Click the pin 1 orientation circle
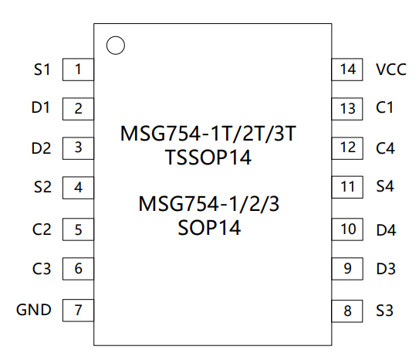pyautogui.click(x=116, y=36)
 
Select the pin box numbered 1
pyautogui.click(x=78, y=70)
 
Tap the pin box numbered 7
pyautogui.click(x=78, y=311)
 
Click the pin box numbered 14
pyautogui.click(x=347, y=70)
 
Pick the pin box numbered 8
pyautogui.click(x=347, y=311)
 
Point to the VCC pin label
pyautogui.click(x=391, y=70)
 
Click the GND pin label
pyautogui.click(x=34, y=310)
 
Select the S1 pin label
pyautogui.click(x=42, y=70)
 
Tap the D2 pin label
pyautogui.click(x=41, y=148)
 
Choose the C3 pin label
pyautogui.click(x=42, y=269)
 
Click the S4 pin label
pyautogui.click(x=385, y=186)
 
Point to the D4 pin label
pyautogui.click(x=386, y=230)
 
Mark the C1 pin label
pyautogui.click(x=384, y=108)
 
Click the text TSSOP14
pyautogui.click(x=208, y=158)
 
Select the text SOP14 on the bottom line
pyautogui.click(x=209, y=228)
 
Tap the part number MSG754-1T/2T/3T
pyautogui.click(x=208, y=134)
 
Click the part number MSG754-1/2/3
pyautogui.click(x=209, y=204)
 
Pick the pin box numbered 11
pyautogui.click(x=347, y=187)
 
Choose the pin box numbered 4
pyautogui.click(x=78, y=188)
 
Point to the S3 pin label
pyautogui.click(x=384, y=311)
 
